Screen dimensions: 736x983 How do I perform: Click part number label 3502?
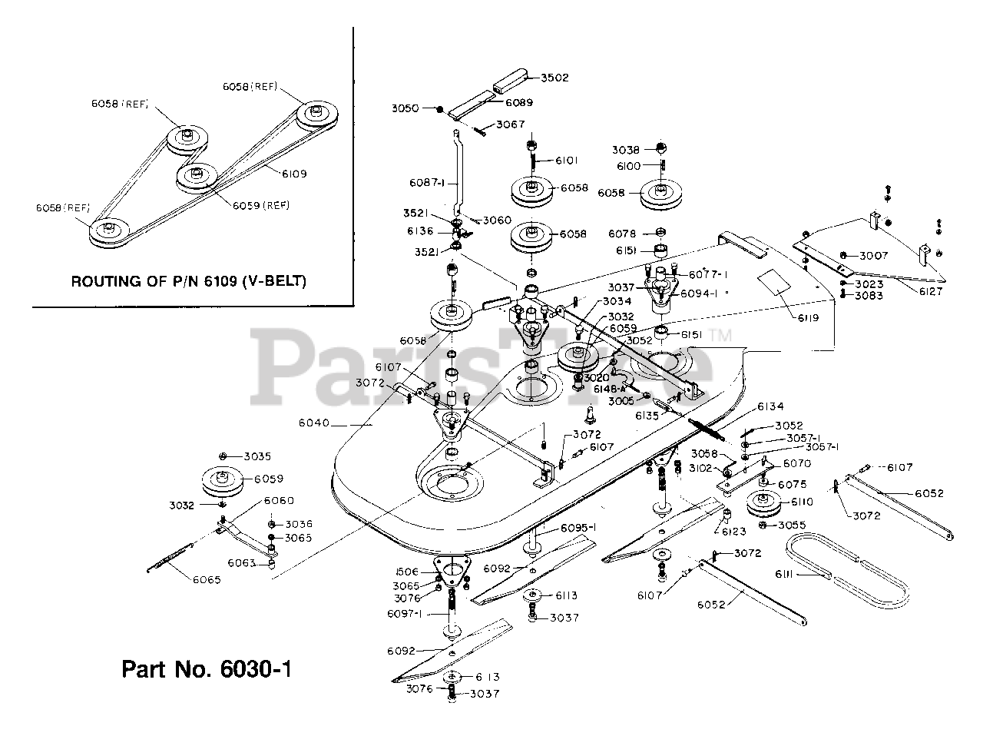[x=554, y=78]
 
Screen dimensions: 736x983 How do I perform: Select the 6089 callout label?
[x=519, y=102]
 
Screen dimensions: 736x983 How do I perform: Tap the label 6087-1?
[x=427, y=183]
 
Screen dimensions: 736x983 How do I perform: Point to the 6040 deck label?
[x=313, y=423]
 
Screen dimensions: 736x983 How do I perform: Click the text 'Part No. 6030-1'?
[x=207, y=669]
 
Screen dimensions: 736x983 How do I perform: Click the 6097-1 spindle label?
[x=406, y=613]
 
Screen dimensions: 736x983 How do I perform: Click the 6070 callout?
[x=796, y=463]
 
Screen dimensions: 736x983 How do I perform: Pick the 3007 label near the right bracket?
[x=873, y=255]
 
